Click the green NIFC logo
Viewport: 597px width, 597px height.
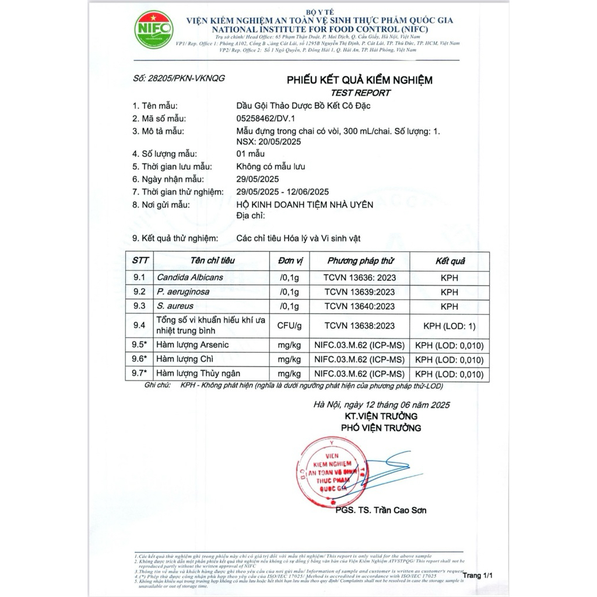[x=153, y=29]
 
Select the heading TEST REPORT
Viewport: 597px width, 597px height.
[x=360, y=93]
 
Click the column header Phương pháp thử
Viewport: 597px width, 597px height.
[x=360, y=261]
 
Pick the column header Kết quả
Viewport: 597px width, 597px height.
[x=449, y=261]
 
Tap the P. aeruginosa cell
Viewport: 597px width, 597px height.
[x=182, y=292]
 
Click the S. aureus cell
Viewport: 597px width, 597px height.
[x=175, y=306]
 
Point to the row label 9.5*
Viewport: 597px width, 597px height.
[x=139, y=345]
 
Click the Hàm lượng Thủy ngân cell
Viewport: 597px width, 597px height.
[x=198, y=374]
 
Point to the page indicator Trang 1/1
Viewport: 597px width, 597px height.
[x=478, y=575]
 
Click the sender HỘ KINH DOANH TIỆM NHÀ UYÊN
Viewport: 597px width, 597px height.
[x=304, y=205]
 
